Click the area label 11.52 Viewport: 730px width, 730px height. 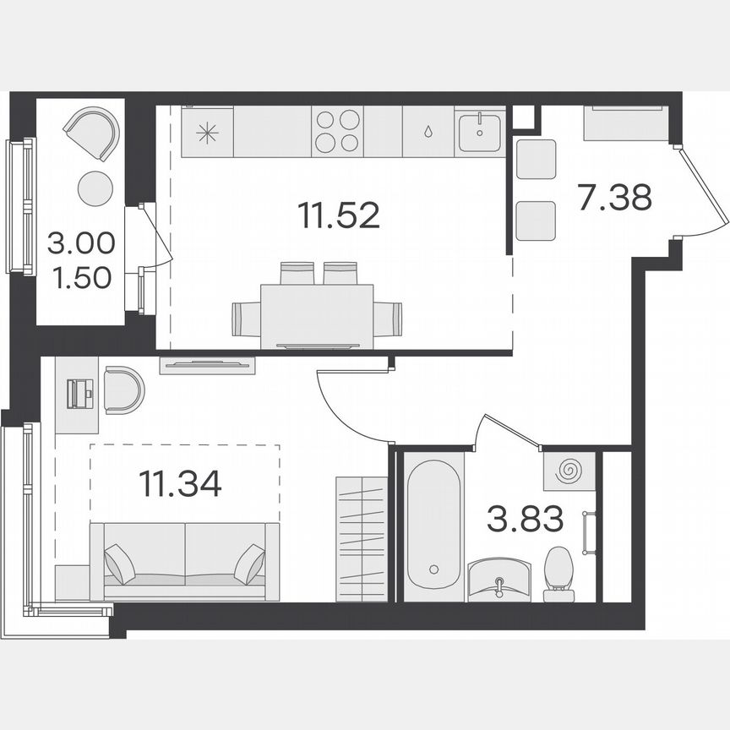(x=338, y=216)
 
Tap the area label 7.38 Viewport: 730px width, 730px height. (x=614, y=199)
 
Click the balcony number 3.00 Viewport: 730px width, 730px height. (x=81, y=245)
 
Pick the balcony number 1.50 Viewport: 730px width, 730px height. (x=81, y=276)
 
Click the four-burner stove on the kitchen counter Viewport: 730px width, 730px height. (x=336, y=131)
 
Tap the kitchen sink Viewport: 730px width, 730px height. (x=480, y=132)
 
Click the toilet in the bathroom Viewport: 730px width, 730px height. (x=558, y=573)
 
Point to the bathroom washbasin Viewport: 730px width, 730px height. (x=499, y=580)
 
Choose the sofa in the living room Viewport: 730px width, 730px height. (x=184, y=561)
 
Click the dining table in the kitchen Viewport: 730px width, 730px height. (x=317, y=313)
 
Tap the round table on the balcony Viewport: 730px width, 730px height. (x=95, y=188)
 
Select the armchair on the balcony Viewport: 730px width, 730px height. (x=93, y=133)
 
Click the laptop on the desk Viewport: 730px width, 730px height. (x=82, y=393)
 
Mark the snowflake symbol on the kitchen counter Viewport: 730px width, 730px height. (x=207, y=132)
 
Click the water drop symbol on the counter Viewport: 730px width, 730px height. (x=428, y=132)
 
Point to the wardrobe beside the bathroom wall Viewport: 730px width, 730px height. (x=361, y=539)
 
